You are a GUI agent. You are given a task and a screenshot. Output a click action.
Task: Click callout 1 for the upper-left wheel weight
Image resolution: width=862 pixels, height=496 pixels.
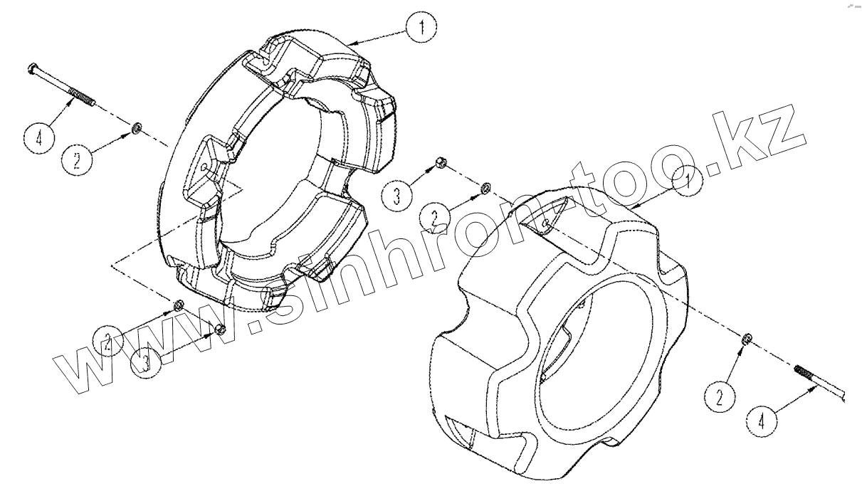point(421,27)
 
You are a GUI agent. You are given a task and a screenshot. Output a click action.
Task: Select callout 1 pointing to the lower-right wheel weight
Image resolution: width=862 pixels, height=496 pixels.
point(688,181)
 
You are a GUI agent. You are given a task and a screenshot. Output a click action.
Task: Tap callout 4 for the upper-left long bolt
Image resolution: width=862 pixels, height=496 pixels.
point(39,138)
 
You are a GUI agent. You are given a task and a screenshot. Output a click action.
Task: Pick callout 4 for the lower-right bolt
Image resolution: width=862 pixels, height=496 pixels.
point(761,422)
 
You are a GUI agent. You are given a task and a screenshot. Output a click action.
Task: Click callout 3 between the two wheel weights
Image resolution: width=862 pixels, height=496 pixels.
point(397,196)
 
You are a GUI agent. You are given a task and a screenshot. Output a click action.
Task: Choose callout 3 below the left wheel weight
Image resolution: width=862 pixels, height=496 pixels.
point(145,362)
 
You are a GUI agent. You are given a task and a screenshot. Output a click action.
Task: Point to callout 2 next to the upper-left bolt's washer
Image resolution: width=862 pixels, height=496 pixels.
point(77,159)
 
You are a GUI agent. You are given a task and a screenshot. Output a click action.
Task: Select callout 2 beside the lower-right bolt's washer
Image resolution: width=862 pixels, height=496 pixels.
point(720,398)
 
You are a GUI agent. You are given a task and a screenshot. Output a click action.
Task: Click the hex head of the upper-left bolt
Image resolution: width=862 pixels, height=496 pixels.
point(32,69)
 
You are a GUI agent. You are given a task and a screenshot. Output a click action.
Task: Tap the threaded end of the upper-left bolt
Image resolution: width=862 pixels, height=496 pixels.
point(82,97)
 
